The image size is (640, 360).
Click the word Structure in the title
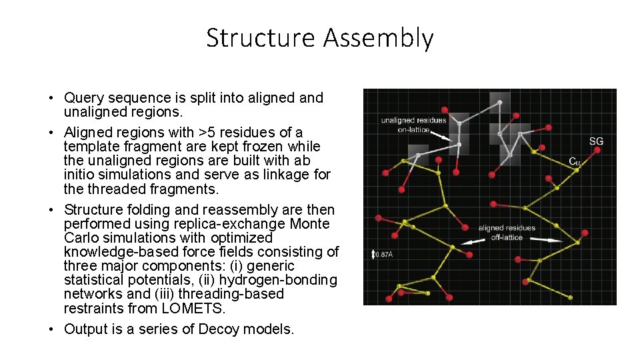261,38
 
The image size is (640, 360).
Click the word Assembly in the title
378,39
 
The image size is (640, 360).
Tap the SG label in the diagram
597,141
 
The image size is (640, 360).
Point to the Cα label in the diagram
574,161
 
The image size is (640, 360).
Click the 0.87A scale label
384,254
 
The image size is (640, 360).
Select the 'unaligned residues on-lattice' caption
413,125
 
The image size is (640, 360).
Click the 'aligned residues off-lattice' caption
507,233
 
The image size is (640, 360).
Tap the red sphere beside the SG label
597,151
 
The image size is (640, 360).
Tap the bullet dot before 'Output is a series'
51,329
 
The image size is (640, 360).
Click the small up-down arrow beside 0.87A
373,254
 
